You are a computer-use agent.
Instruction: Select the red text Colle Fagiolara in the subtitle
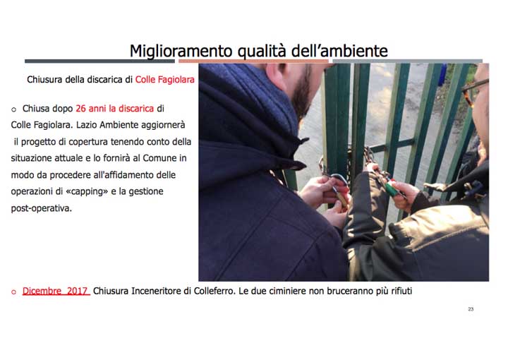tap(165, 80)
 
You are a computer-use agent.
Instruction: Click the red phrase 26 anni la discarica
tap(114, 109)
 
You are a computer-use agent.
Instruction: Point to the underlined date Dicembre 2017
tap(55, 291)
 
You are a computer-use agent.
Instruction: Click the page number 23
tap(471, 309)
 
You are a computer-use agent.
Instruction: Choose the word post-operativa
tap(42, 208)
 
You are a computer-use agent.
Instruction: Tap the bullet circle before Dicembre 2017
tap(13, 292)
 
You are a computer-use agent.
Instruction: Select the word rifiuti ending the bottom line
tap(397, 291)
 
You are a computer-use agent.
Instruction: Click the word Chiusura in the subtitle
tap(44, 80)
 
